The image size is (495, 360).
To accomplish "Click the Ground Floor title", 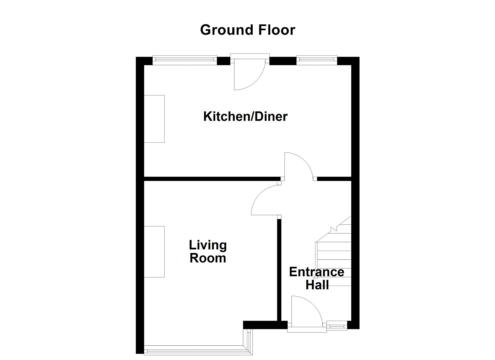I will (x=247, y=30).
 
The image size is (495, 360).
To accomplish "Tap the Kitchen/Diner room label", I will (x=245, y=117).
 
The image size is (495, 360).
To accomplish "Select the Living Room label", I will (x=208, y=251).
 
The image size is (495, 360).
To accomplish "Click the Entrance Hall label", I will (x=316, y=278).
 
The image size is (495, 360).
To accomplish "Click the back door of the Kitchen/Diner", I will (x=248, y=75).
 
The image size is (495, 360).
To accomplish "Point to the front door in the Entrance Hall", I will (x=306, y=312).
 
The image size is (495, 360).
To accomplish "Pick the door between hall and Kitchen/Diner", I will (x=298, y=166).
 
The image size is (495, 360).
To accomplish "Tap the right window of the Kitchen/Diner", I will (x=316, y=60).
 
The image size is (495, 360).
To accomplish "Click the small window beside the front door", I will (x=337, y=325).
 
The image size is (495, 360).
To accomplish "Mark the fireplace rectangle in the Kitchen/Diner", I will (x=154, y=119).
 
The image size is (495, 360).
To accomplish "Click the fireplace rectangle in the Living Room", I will (x=154, y=252).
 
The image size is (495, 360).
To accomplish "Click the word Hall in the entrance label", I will (x=317, y=285).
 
